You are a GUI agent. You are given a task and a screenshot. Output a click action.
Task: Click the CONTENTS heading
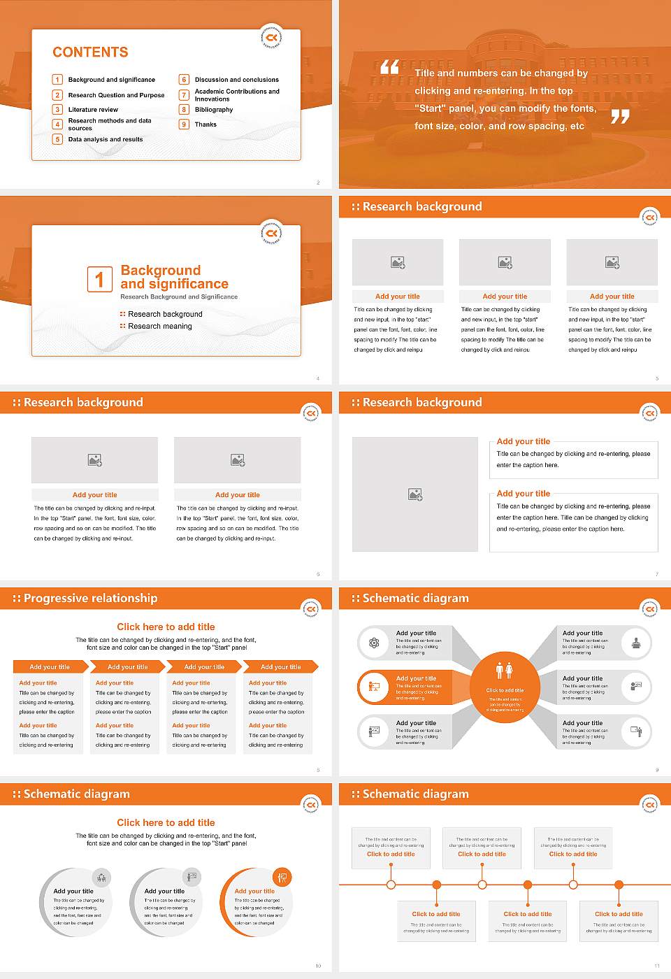tap(90, 52)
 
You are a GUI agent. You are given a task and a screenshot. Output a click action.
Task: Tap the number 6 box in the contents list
tap(185, 80)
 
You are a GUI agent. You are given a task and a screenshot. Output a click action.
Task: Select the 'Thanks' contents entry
tap(205, 124)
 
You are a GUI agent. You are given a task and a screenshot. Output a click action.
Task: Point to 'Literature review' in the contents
tap(93, 110)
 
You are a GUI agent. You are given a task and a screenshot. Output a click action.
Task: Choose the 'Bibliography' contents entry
tap(214, 110)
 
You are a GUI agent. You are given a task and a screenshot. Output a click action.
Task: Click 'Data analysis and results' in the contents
tap(106, 139)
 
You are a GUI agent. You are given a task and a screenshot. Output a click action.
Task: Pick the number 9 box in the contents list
tap(185, 124)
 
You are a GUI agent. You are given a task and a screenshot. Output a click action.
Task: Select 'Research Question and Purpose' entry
tap(116, 95)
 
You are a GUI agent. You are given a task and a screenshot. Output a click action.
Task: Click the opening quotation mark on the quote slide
tap(389, 68)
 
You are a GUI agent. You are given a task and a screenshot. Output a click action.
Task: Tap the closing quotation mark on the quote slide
tap(620, 117)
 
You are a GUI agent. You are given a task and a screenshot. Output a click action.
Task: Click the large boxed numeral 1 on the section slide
tap(99, 279)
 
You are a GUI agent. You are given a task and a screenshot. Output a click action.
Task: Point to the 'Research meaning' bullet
tap(159, 326)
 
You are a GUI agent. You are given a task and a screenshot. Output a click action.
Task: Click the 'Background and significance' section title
tap(174, 277)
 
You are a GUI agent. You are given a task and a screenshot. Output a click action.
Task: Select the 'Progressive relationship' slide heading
tap(90, 598)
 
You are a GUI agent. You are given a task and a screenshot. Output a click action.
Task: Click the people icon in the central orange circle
tap(504, 671)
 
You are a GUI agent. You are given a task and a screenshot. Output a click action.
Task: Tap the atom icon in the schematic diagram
tap(374, 643)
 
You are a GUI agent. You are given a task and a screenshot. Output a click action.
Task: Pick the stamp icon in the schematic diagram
tap(636, 643)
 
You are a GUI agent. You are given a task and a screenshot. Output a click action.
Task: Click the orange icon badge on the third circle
tap(282, 877)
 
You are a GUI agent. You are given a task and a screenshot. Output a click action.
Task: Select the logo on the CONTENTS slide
tap(271, 38)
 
